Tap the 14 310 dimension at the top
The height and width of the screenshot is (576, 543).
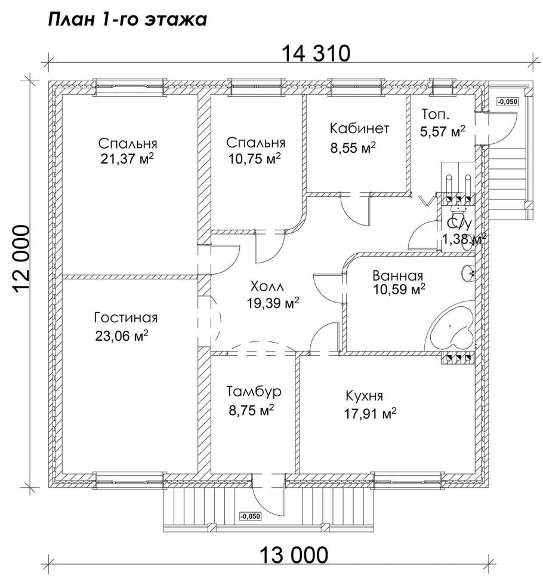316,54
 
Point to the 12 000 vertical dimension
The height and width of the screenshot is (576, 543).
21,259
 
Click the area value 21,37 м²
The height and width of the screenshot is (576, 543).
127,159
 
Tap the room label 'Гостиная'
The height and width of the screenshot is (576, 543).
125,318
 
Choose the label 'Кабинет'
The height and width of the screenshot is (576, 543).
359,128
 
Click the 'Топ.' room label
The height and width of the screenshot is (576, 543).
435,114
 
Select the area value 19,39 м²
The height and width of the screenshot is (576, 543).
273,303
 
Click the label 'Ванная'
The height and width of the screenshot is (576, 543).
397,276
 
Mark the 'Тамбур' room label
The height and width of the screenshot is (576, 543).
254,392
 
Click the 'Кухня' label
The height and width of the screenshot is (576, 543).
364,396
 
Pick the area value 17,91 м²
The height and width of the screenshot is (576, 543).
370,414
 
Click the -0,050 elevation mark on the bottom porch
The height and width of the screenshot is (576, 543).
250,516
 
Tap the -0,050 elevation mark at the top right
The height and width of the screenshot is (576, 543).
508,101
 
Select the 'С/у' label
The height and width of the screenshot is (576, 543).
458,224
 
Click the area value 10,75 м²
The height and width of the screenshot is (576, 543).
254,159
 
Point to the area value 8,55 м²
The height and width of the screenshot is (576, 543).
353,148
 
